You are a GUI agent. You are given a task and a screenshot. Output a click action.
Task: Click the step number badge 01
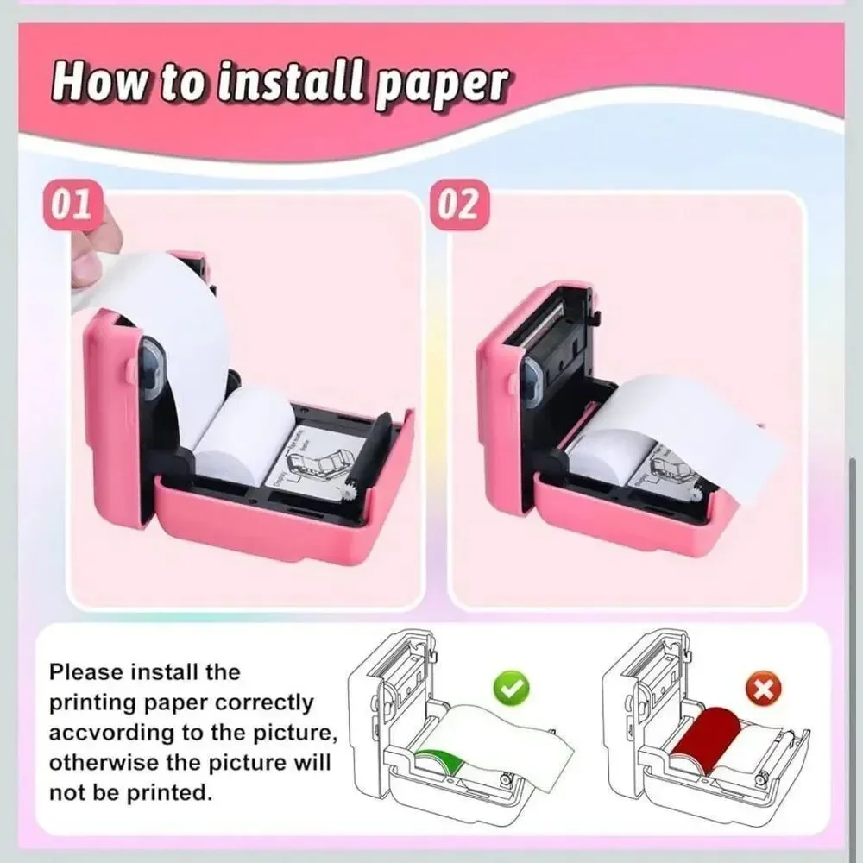(x=72, y=205)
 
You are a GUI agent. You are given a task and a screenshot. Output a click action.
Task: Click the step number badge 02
(x=458, y=205)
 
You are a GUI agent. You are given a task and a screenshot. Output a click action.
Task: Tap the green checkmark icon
(x=511, y=687)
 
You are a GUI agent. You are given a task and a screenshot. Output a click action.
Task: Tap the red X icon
(x=764, y=688)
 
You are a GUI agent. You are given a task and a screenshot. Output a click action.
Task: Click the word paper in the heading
(x=440, y=85)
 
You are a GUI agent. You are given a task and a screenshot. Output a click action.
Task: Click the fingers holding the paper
(x=93, y=243)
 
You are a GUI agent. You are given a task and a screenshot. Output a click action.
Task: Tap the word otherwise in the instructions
(x=100, y=763)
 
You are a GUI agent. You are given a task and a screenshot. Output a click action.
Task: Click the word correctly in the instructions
(x=264, y=703)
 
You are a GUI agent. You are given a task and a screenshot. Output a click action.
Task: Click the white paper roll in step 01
(x=243, y=435)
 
